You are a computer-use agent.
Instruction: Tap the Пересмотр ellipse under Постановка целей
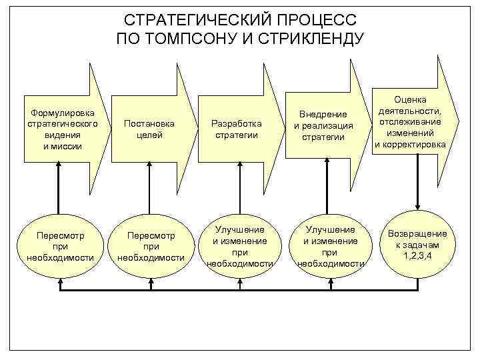[x=150, y=246]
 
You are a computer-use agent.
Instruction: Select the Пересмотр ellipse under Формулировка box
[x=61, y=246]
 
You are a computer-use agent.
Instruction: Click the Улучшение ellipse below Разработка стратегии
[x=239, y=246]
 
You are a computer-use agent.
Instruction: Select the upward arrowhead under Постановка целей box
[x=150, y=167]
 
